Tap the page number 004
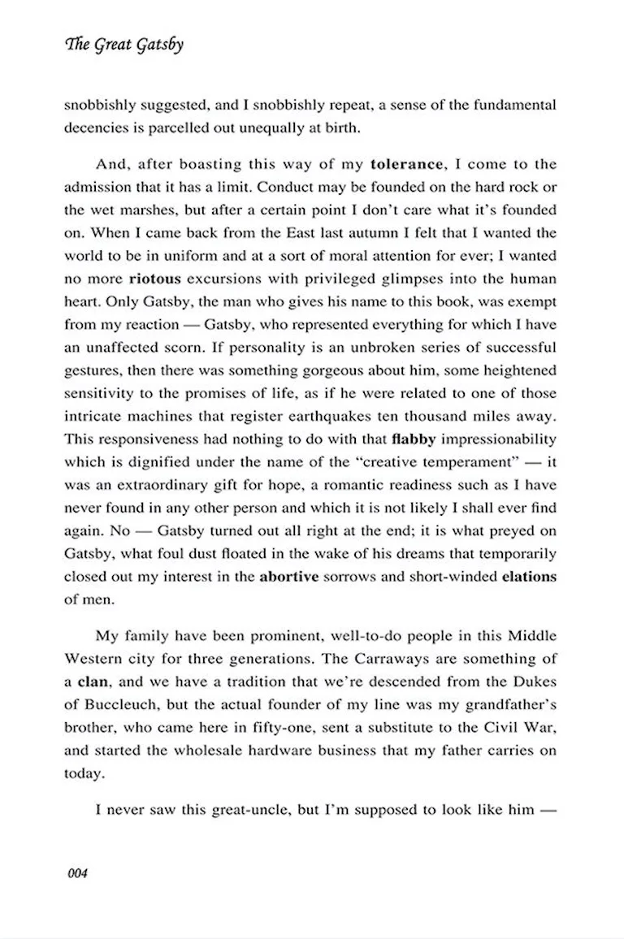(x=73, y=874)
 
